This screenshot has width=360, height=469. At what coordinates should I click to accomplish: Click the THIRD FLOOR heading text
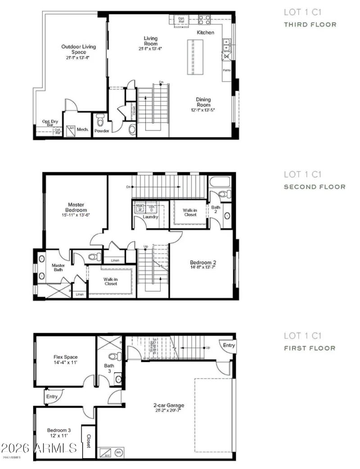pos(310,25)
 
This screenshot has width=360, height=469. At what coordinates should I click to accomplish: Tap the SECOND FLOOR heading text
pos(314,187)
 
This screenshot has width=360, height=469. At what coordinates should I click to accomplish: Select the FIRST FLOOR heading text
pos(310,348)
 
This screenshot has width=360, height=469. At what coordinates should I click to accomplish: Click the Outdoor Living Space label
pos(78,49)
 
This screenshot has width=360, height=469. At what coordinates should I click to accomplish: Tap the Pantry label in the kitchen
pos(227,71)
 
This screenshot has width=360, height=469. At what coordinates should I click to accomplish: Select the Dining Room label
pos(203,102)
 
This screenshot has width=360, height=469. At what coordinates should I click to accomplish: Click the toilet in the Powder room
pos(100,121)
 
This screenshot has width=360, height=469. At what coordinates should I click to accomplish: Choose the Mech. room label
pos(82,130)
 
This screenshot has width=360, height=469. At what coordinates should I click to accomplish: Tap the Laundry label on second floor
pos(150,217)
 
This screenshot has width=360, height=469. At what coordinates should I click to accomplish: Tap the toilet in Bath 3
pos(113,357)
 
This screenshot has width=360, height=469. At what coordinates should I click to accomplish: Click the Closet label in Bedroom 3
pos(88,441)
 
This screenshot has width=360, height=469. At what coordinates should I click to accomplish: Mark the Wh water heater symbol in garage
pos(119,452)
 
